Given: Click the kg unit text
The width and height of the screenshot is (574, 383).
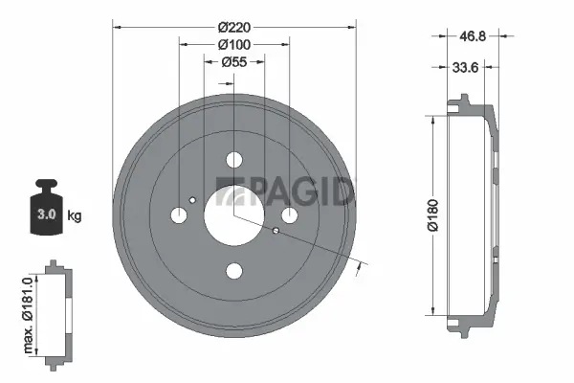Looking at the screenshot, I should pos(75,215).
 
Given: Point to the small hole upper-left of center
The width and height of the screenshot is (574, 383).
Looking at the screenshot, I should pos(194,199).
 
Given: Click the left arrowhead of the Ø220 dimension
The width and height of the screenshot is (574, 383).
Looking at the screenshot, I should pos(117,28).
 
